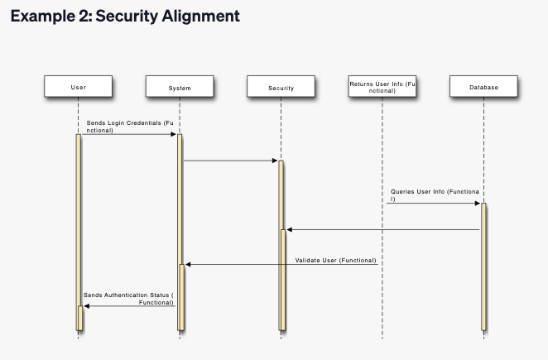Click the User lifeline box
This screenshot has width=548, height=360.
click(79, 86)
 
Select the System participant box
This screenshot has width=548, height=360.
click(180, 86)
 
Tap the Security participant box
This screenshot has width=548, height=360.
click(281, 86)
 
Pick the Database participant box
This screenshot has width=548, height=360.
click(483, 86)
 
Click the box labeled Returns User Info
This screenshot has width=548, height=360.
click(382, 86)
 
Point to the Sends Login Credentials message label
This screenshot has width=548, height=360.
click(130, 127)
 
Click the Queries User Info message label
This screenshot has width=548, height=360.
click(435, 195)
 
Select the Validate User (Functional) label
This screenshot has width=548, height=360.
click(335, 261)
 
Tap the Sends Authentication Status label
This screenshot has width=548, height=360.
click(128, 299)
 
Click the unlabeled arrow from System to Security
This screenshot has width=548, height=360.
click(231, 161)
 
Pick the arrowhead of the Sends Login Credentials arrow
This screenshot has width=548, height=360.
click(173, 134)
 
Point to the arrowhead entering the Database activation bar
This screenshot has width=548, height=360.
click(478, 203)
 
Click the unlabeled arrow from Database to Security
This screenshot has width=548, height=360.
click(383, 229)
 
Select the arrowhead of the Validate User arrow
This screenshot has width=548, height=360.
click(188, 265)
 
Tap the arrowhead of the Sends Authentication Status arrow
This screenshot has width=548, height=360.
click(87, 306)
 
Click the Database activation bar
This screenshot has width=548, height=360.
click(483, 266)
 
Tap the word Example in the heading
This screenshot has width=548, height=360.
click(43, 16)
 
